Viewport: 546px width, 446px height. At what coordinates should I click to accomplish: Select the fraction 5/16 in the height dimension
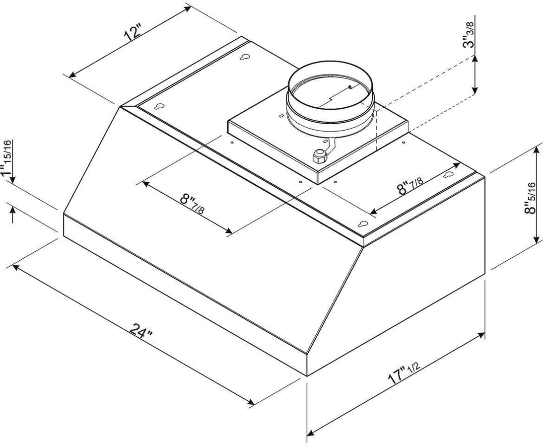(533, 189)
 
